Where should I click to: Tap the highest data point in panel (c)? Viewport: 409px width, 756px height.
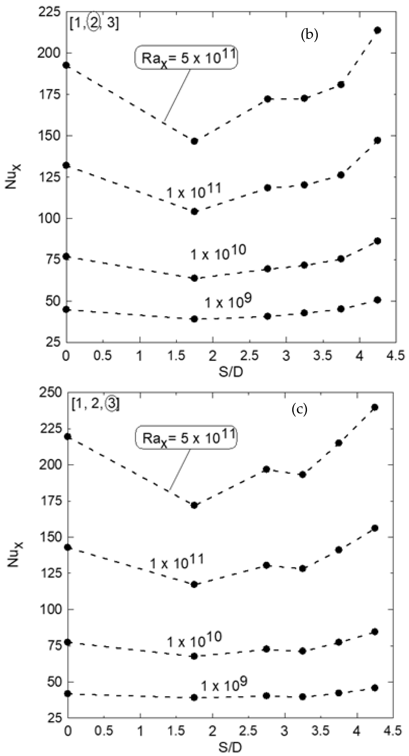point(375,407)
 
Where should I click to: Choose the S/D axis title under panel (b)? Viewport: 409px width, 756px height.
point(231,372)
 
